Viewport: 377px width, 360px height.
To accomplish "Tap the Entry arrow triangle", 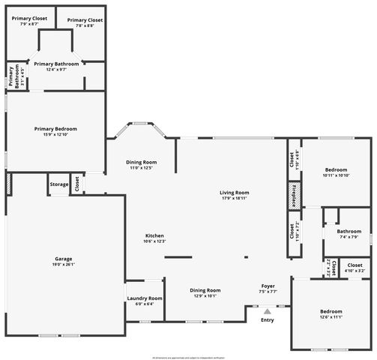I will pos(267,310).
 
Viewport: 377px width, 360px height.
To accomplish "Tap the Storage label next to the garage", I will pos(58,184).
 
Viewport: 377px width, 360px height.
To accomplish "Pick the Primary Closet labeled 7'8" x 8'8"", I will pos(83,20).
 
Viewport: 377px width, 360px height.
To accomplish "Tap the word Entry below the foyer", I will pos(267,320).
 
